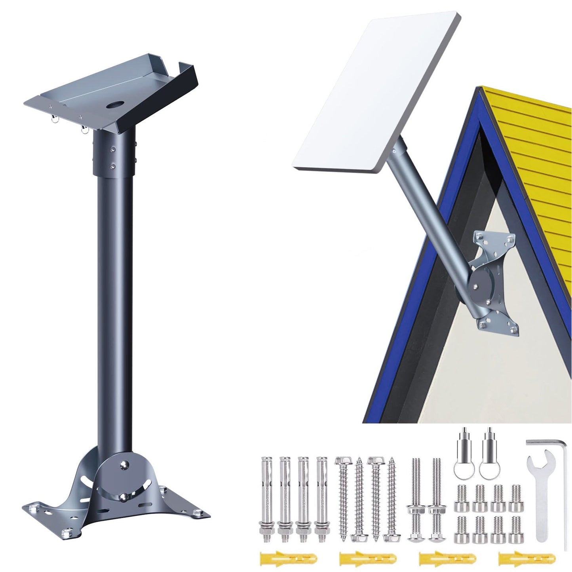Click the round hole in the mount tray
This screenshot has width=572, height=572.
pos(115,106)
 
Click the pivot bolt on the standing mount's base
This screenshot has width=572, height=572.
pos(124,463)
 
